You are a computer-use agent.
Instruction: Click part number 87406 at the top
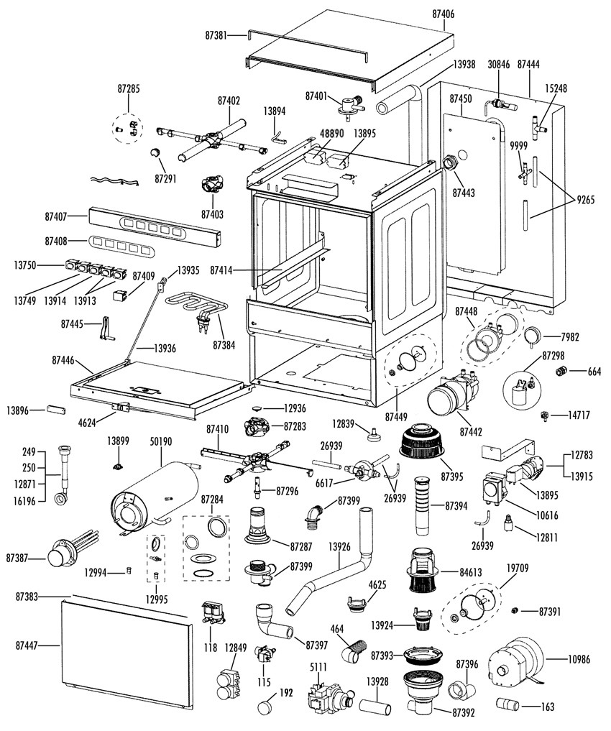443,14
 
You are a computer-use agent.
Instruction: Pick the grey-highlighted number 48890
331,134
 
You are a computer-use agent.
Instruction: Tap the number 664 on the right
593,372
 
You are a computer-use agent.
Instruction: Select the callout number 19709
516,569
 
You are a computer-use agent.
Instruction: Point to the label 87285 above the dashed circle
129,89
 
